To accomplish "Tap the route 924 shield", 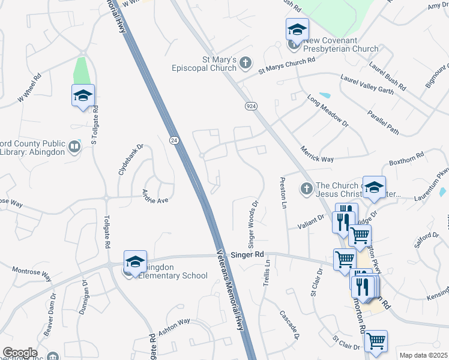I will pyautogui.click(x=252, y=106).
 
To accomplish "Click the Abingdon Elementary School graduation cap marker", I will pyautogui.click(x=136, y=262).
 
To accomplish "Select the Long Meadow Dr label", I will pyautogui.click(x=327, y=110).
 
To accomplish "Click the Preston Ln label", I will pyautogui.click(x=282, y=193).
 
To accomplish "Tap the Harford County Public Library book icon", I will pyautogui.click(x=74, y=146).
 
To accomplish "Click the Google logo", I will pyautogui.click(x=20, y=353).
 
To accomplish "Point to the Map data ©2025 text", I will pyautogui.click(x=423, y=355).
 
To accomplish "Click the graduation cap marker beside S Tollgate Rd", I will pyautogui.click(x=83, y=96).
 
